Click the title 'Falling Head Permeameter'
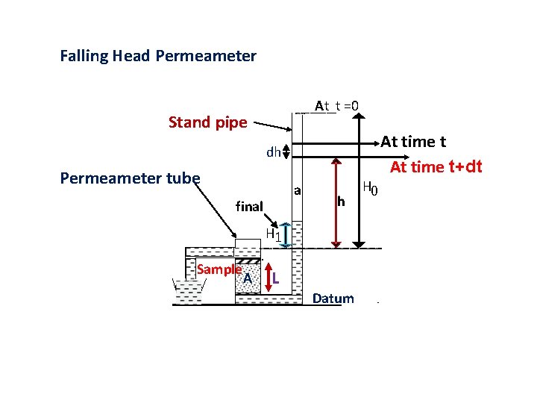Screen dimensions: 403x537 click(158, 56)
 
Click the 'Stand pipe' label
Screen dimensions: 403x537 click(207, 122)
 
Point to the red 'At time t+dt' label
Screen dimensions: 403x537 click(436, 166)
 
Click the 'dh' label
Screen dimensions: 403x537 click(274, 152)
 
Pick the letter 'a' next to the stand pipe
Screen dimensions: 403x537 click(297, 190)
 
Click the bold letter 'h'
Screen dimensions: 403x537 click(341, 201)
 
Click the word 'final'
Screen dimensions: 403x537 click(249, 206)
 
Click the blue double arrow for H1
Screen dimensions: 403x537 click(284, 236)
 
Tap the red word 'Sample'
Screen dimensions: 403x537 click(219, 269)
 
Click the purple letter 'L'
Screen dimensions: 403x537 click(276, 279)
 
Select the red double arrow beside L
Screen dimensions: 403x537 click(266, 278)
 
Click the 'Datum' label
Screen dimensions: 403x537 click(333, 299)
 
